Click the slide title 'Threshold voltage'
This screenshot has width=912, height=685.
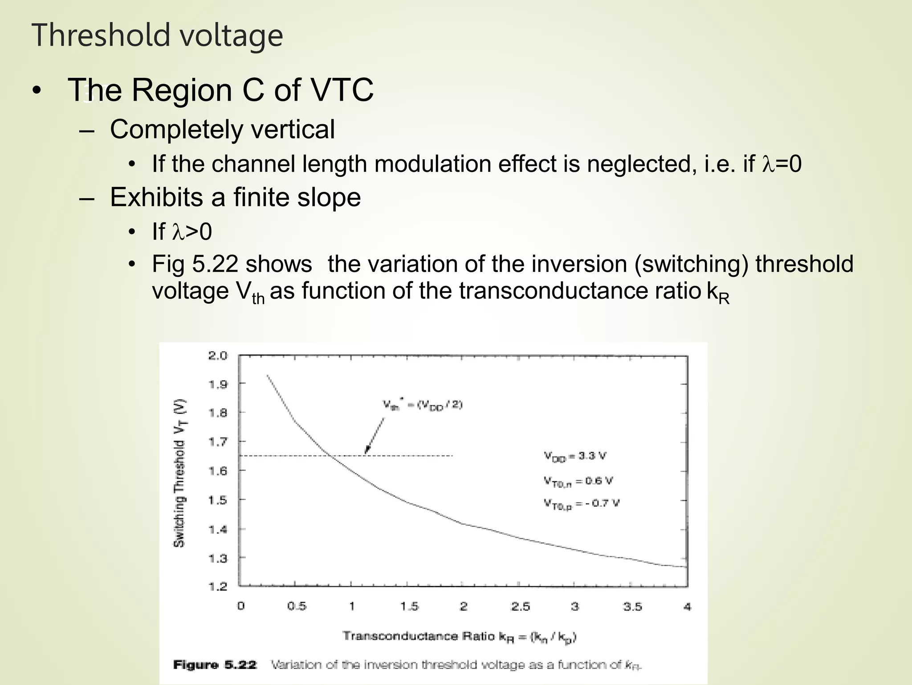coord(157,36)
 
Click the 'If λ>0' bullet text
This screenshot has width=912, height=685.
coord(182,232)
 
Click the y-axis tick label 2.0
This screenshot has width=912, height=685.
coord(218,356)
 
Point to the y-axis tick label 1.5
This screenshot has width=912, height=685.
coord(218,500)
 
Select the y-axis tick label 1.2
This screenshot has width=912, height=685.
coord(218,586)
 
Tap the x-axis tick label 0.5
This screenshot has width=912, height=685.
coord(297,606)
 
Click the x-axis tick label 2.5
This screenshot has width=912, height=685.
coord(520,606)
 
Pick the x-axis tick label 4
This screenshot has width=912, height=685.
coord(687,606)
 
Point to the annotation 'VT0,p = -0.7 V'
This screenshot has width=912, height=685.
coord(581,503)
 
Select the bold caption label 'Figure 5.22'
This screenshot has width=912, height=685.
coord(215,665)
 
